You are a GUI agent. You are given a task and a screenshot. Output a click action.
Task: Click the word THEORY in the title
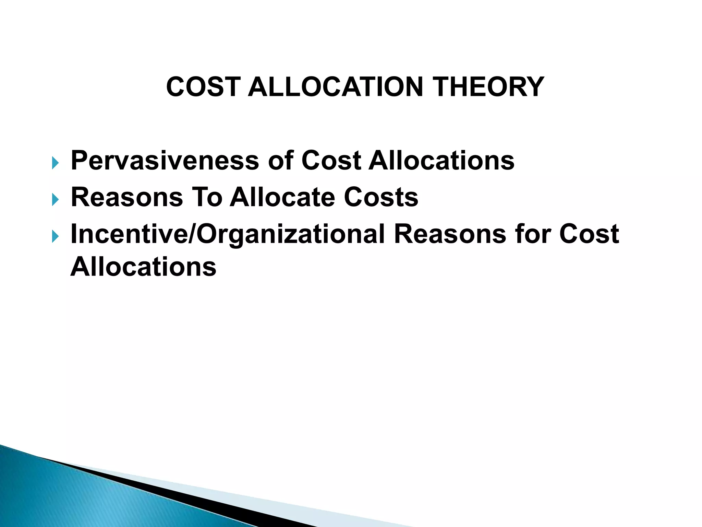click(488, 87)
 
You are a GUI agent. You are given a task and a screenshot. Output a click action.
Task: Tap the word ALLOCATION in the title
click(336, 87)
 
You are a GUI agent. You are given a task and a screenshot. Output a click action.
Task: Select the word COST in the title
click(202, 87)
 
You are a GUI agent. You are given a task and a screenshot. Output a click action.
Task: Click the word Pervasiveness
click(165, 161)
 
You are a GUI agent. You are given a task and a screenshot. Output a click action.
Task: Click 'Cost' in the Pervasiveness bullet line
click(331, 161)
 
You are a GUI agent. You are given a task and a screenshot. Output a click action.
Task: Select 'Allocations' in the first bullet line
click(441, 161)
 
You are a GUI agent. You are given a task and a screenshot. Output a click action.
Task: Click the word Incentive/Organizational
click(228, 235)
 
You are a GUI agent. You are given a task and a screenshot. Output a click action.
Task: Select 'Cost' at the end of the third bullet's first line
click(589, 234)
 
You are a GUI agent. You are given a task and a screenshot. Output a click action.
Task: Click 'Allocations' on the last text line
click(143, 267)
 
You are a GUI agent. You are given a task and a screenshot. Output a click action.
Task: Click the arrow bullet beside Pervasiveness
click(55, 163)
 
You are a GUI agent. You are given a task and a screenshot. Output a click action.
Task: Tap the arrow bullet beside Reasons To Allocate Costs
click(55, 200)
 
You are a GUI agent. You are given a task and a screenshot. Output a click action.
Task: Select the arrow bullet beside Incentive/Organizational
click(55, 236)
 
